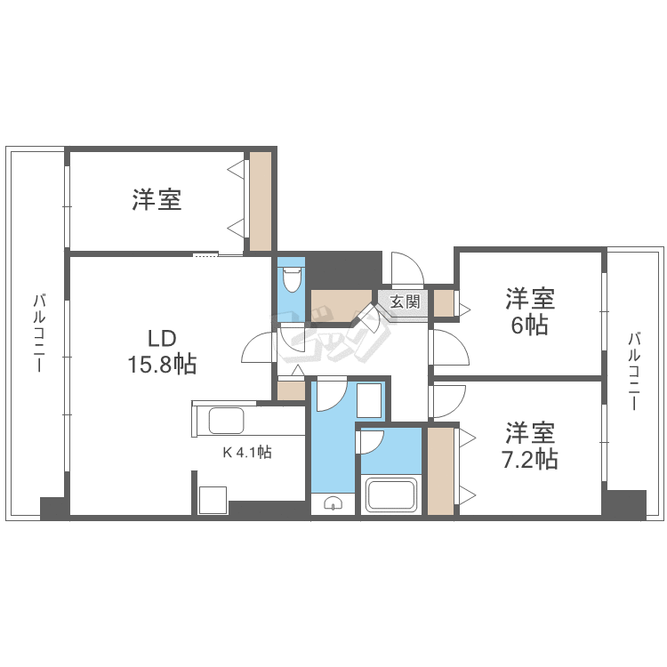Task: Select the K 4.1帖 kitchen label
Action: click(246, 452)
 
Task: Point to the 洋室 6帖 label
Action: click(531, 310)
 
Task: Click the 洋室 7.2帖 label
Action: click(531, 446)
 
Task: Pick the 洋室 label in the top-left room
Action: click(157, 199)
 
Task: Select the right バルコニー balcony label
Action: click(634, 371)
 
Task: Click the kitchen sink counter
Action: click(224, 420)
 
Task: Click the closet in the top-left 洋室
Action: click(260, 201)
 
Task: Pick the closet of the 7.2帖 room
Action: click(440, 470)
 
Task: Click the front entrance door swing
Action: click(406, 268)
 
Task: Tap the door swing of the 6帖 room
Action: click(449, 347)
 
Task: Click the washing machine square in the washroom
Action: click(369, 402)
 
